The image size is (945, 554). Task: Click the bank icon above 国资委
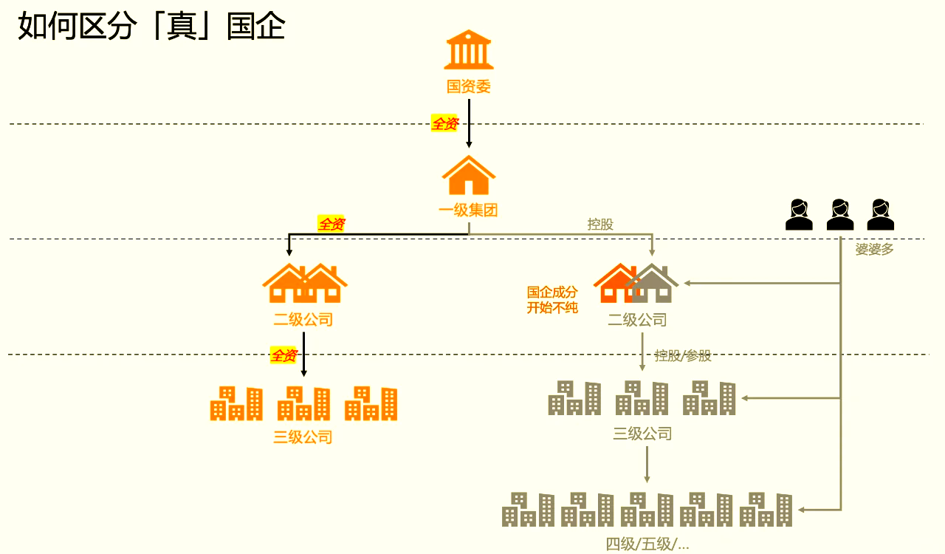point(469,49)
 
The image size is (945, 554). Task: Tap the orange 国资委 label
point(469,86)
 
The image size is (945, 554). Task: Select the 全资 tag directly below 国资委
point(444,124)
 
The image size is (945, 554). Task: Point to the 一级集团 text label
point(469,211)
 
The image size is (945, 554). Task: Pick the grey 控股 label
point(600,225)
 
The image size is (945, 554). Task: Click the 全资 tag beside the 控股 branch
point(331,224)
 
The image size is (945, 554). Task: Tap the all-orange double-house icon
point(304,284)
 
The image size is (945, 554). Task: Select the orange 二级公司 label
point(303,320)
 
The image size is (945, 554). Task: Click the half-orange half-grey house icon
point(636,284)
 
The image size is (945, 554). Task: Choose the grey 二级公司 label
point(637,320)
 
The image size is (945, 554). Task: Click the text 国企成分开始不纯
point(552,300)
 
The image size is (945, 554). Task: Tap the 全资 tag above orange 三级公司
point(283,356)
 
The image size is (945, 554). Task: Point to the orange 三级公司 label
point(303,437)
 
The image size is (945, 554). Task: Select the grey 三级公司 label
point(642,434)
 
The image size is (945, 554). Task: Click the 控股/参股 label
point(683,356)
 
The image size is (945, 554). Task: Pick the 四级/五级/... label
point(647,545)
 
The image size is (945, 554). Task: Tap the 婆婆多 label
point(875,250)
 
